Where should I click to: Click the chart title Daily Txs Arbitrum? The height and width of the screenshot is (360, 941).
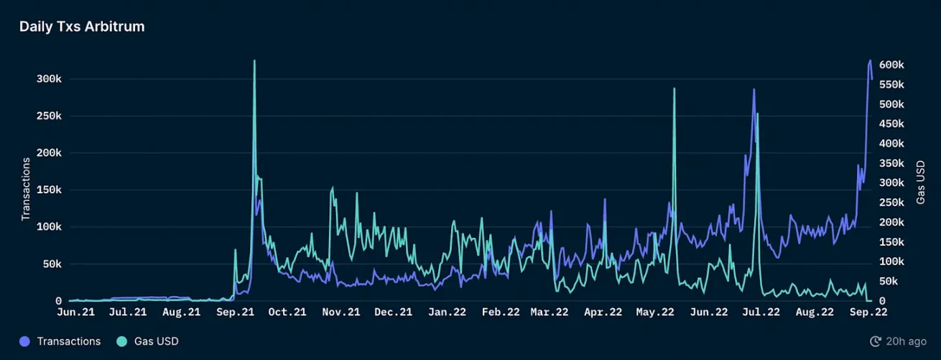[82, 27]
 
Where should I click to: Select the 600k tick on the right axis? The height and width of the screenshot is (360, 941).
[891, 65]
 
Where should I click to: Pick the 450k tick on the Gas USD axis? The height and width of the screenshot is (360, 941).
[891, 124]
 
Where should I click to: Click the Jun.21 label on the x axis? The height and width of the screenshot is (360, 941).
[75, 312]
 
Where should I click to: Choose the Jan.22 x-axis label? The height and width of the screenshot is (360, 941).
[447, 312]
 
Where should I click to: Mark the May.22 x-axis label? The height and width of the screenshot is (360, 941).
[655, 312]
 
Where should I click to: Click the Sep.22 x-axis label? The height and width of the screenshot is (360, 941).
[868, 312]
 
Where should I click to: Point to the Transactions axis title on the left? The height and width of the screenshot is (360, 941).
[25, 189]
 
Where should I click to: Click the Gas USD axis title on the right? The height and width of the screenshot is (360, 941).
[920, 183]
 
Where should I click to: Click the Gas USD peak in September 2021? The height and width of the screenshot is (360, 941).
[254, 61]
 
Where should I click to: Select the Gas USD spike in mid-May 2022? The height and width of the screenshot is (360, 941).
[675, 88]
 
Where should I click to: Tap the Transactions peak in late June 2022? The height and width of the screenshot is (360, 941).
[754, 90]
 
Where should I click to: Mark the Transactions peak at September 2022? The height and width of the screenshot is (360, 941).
[870, 60]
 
